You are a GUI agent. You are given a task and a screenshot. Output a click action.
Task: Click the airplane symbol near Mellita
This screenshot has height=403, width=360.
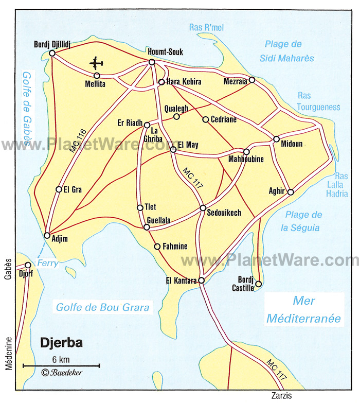click(x=96, y=63)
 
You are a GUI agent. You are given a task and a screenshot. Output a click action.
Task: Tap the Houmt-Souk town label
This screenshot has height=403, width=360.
click(x=165, y=52)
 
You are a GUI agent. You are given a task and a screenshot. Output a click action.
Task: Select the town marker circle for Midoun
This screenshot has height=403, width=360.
click(x=276, y=139)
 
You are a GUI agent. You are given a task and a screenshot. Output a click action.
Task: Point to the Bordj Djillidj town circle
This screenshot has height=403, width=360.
click(x=52, y=53)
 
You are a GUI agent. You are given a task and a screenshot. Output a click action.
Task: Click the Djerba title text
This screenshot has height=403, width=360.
click(x=61, y=343)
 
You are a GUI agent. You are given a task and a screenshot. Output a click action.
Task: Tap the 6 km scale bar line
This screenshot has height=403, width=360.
click(x=61, y=365)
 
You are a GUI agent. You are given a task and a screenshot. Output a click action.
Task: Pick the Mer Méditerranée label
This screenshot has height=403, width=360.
click(x=303, y=310)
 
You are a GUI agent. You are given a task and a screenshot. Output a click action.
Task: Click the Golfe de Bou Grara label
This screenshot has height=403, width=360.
click(x=103, y=307)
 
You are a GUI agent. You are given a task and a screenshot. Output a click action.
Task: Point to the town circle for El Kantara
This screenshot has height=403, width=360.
click(x=202, y=281)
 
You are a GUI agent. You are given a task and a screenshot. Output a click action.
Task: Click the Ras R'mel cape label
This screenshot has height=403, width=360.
click(x=206, y=27)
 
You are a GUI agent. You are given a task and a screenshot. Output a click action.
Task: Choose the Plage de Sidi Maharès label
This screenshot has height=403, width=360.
click(x=289, y=51)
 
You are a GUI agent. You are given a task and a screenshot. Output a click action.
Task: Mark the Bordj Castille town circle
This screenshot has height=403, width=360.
click(x=259, y=284)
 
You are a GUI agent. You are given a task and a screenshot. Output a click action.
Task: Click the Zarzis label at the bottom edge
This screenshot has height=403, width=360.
click(x=281, y=395)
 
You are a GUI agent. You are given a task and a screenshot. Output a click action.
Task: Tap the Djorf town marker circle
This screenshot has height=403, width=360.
click(x=28, y=265)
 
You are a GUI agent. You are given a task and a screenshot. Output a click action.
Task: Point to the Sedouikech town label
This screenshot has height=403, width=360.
click(x=224, y=213)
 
